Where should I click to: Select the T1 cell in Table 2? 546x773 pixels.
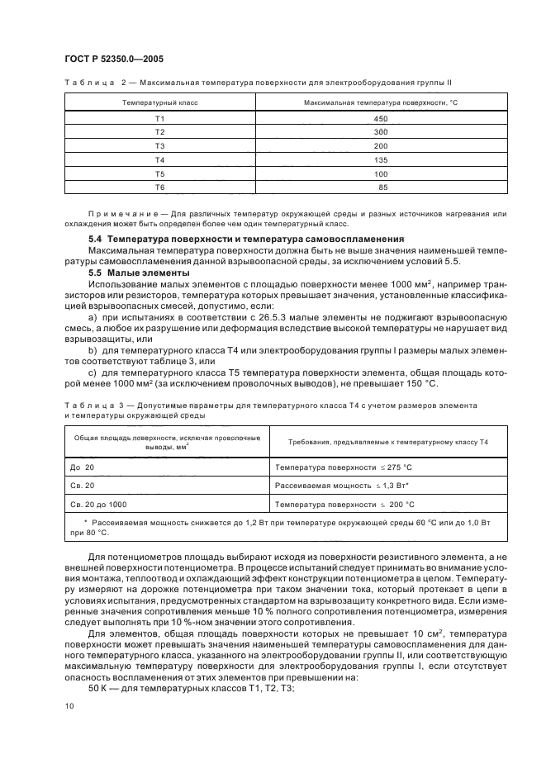tap(159, 119)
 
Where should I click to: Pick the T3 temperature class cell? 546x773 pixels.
tap(159, 145)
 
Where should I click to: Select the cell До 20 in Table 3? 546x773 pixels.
tap(81, 467)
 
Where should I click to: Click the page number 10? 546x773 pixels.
tap(69, 705)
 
